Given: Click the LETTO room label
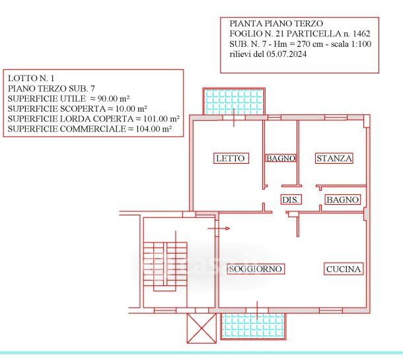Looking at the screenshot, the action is coord(231,158).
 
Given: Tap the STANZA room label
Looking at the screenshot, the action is coord(334,158).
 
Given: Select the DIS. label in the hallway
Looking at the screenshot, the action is coord(291,199).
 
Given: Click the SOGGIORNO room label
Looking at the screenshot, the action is coord(256,269).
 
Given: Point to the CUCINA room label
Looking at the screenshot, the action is coord(344,269).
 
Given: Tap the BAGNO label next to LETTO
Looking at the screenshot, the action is coord(281,158).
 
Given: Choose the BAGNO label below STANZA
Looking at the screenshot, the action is coord(343,199).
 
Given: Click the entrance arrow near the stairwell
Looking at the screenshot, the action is coord(219,228).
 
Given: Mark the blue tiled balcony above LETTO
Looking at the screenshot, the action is coord(234,101).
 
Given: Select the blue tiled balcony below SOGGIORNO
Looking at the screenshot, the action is coord(254,326).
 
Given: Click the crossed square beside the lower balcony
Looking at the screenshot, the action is coord(201,328).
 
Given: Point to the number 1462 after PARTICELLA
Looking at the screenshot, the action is coord(361,34).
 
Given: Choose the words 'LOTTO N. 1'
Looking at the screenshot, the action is coord(31,79).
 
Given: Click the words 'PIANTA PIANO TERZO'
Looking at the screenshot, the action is coord(276,23).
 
